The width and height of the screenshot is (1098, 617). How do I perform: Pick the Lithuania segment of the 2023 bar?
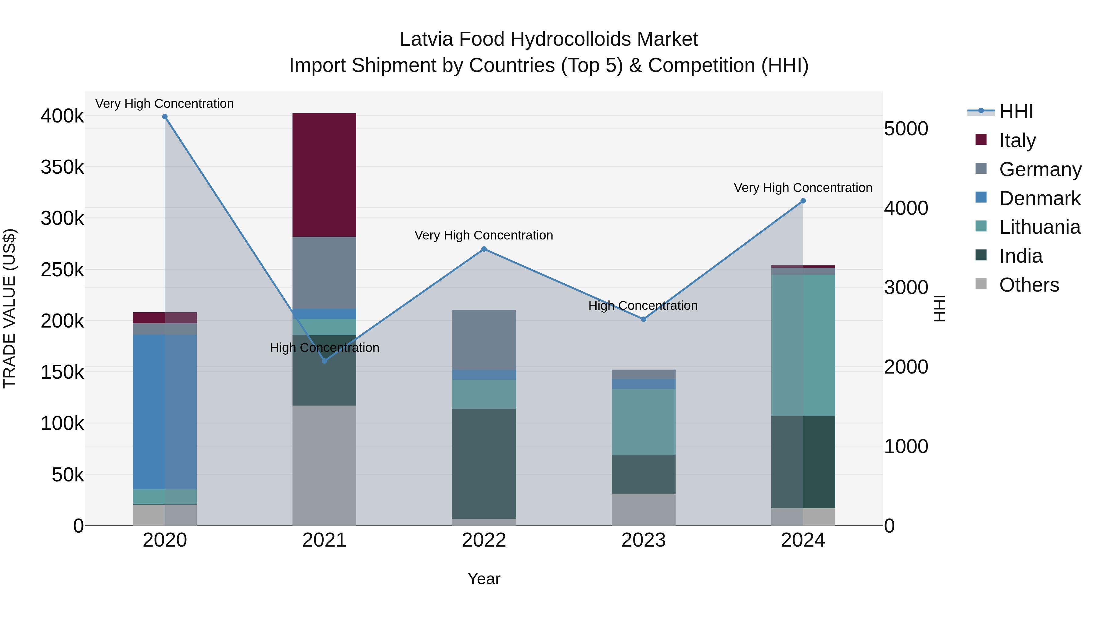643,422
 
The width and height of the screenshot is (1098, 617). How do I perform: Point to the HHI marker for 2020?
165,117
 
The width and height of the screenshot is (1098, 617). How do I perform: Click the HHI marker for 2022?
484,249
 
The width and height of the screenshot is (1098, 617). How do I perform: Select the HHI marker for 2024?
803,201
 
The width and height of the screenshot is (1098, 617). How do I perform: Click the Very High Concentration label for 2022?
483,236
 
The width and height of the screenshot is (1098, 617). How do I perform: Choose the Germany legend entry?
1040,169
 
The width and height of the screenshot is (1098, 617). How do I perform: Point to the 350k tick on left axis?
62,167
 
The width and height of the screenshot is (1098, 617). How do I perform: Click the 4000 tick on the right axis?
906,208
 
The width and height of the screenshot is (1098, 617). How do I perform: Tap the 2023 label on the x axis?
643,540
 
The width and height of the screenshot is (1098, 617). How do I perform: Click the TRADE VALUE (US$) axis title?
9,308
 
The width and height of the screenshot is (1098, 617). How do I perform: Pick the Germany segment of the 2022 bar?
484,340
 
